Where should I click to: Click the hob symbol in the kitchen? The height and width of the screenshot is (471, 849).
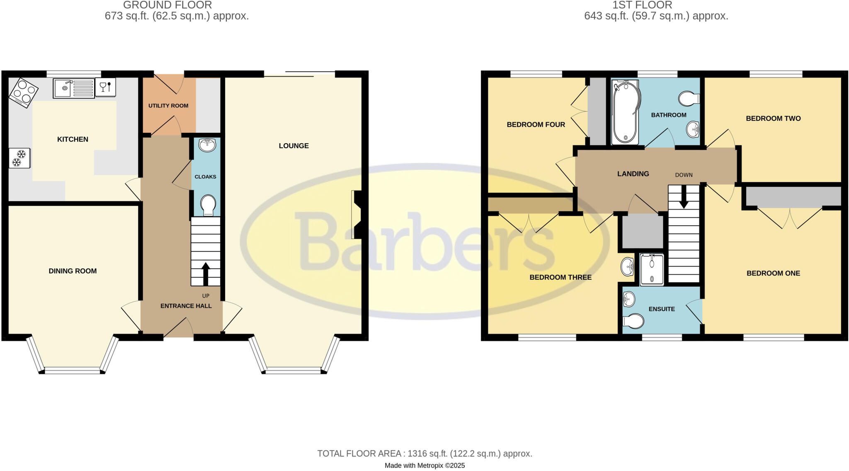point(23,93)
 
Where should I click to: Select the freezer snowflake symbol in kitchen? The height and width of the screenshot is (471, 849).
point(19,159)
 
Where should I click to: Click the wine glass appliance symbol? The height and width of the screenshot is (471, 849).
point(105,87)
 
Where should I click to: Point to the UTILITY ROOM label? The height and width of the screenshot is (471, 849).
point(168,106)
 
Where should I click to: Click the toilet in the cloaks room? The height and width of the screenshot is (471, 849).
point(208,205)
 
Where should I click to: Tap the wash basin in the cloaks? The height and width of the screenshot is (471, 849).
point(207,145)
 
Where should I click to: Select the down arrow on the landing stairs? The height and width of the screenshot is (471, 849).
point(683,197)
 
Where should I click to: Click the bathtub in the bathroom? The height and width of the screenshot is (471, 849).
point(625,112)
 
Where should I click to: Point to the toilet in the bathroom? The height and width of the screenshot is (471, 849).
point(688,99)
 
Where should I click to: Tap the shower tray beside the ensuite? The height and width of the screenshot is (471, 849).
point(652,270)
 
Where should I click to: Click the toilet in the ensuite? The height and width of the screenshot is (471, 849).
point(633,321)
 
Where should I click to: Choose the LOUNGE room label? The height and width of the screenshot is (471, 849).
point(294,146)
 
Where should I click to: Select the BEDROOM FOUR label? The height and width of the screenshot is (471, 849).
point(536,124)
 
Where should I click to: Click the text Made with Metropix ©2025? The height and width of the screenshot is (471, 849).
point(424,466)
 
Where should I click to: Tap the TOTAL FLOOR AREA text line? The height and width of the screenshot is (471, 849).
point(424,454)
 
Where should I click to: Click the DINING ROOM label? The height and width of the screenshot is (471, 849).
point(73,271)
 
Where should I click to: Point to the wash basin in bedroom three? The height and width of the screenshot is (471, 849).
point(628,266)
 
